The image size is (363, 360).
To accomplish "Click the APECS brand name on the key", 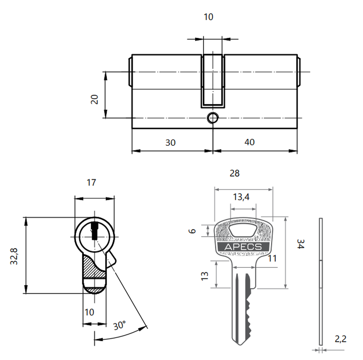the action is pos(243,247).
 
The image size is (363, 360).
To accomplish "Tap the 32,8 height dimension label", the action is pos(14,256).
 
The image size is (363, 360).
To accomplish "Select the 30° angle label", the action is pos(119,325).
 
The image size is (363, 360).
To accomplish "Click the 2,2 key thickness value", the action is pos(341,339).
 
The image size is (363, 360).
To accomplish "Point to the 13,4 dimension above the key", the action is pos(241,197).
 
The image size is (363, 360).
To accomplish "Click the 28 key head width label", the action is pos(235,173).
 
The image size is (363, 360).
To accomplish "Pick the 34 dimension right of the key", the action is pos(300,244).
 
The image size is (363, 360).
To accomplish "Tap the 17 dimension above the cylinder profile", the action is pos(91,183).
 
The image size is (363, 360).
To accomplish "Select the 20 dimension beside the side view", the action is pos(94,99).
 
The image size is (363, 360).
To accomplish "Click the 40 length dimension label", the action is pos(249,142).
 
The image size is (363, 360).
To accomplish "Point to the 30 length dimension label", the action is pos(171,143).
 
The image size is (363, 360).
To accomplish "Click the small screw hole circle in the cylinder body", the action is pos(213,118).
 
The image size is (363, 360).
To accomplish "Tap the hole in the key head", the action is pos(243,230).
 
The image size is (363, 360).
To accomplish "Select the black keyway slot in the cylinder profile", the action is pos(94,231).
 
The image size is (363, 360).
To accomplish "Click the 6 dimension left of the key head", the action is pos(192,231).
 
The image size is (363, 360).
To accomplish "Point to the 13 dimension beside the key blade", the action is pos(205,276).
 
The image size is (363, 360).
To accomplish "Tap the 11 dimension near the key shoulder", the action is pos(272,258).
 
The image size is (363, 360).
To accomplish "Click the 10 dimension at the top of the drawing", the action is pos(208,17).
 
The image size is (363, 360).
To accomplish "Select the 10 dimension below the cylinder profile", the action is pos(89,312).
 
